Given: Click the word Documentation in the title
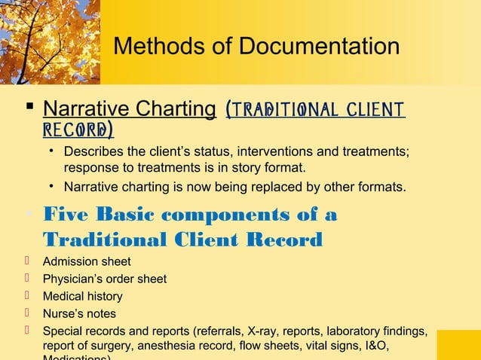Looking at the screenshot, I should (320, 47).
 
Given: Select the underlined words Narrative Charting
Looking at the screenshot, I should (130, 109).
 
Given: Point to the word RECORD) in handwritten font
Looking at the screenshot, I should (78, 130).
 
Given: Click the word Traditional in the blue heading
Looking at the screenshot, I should (96, 239).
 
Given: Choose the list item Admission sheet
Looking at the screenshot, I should (87, 261).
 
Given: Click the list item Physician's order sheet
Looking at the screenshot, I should (105, 279).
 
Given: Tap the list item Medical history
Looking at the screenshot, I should (82, 296).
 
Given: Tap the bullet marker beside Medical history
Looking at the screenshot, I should (26, 295).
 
